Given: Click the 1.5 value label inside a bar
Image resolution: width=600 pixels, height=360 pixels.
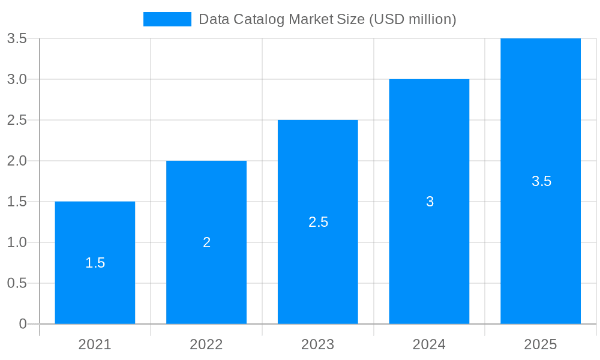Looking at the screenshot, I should (x=95, y=263).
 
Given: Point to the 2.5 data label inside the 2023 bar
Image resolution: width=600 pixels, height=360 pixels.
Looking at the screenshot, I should (x=318, y=222).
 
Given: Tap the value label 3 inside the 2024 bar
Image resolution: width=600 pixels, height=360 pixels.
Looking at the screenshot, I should (x=430, y=202).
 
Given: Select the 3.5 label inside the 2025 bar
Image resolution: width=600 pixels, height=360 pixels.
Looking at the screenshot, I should (x=541, y=181).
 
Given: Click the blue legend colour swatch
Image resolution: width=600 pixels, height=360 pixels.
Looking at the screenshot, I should (x=167, y=19).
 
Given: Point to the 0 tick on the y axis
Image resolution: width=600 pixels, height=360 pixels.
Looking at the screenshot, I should (x=23, y=324).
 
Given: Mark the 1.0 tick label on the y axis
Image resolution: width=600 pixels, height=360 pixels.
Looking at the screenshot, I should (x=17, y=242).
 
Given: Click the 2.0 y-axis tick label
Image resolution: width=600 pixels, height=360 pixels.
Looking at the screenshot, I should (x=17, y=161).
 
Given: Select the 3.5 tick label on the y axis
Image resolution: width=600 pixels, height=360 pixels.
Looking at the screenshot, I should (x=17, y=38).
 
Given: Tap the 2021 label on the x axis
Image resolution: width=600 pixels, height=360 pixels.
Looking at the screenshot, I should (x=95, y=344).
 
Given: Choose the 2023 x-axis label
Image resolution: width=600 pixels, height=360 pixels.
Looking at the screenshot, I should (x=318, y=344).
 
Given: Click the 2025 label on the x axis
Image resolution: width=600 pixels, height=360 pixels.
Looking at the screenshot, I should (x=541, y=344).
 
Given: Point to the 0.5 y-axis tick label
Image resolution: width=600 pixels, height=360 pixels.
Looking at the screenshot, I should (x=17, y=283).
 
